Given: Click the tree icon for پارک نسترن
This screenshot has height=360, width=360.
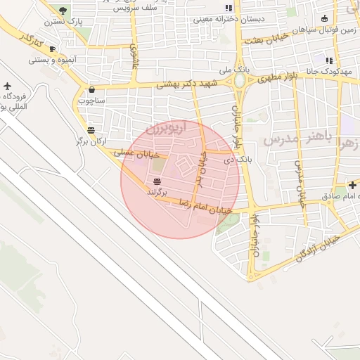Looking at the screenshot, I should pos(63,11).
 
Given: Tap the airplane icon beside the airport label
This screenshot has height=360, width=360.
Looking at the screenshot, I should pos(7,86).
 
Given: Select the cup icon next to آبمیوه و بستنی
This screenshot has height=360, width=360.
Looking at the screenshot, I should pos(52,49).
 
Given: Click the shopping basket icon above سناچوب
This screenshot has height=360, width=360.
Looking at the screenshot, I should pos(92,90).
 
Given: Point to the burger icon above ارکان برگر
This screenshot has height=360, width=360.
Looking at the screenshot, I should pos(91,130).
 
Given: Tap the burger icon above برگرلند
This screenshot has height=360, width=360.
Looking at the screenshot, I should pos(156,181).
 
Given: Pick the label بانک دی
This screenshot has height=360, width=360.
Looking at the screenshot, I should pos(235,160).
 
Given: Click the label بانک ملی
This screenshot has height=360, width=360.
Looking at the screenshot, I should pos(234,70).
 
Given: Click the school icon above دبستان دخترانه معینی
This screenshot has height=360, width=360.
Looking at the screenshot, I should pos(229,8).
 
